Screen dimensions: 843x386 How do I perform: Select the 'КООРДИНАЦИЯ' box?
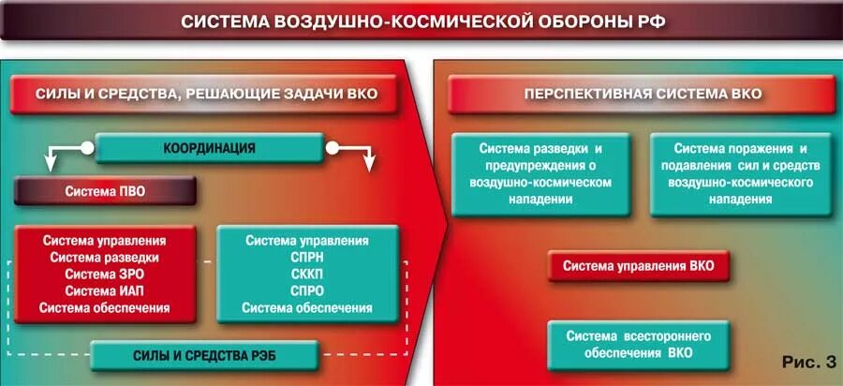tap(210, 148)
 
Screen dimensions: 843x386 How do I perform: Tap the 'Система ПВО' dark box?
tap(105, 192)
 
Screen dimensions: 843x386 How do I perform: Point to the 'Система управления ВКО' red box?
tap(638, 266)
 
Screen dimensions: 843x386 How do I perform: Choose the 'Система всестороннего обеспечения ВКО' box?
tap(639, 345)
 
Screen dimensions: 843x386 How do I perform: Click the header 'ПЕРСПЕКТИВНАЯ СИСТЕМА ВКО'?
tap(642, 95)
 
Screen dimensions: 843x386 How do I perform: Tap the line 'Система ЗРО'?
tap(105, 274)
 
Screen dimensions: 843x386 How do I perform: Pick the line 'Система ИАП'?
tap(105, 290)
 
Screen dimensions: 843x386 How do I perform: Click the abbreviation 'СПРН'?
tap(307, 257)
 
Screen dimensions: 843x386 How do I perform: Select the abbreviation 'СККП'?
tap(307, 274)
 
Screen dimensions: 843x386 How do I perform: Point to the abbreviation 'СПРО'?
tap(307, 290)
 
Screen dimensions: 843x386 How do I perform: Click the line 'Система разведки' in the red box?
tap(105, 257)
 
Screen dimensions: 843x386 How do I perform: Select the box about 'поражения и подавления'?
tap(740, 174)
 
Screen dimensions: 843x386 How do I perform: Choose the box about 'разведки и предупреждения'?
tap(540, 174)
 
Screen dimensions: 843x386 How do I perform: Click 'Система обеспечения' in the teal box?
tap(307, 307)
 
